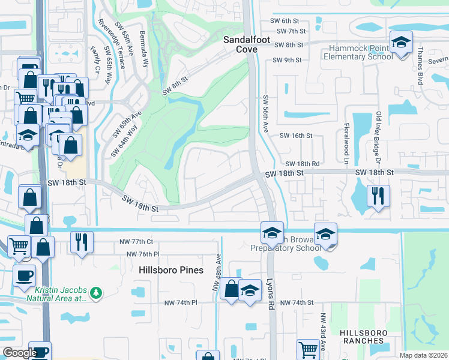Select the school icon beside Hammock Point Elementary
pos(400,42)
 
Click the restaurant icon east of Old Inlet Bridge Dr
pos(379,196)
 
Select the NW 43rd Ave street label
pos(322,330)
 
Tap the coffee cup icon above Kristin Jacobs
pos(24,275)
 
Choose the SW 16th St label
pos(296,136)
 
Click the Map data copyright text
pos(423,355)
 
